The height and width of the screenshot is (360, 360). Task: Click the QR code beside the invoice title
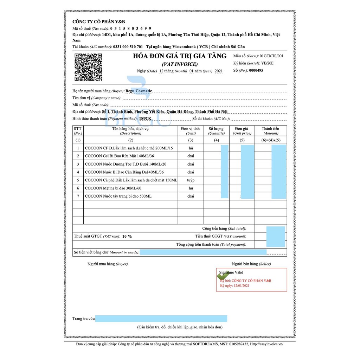[88, 67]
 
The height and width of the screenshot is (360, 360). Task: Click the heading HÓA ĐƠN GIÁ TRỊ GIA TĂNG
[180, 56]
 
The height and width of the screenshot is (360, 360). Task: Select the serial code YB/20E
[268, 63]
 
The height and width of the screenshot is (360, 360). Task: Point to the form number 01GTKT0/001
[271, 56]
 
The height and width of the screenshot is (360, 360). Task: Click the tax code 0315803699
[131, 28]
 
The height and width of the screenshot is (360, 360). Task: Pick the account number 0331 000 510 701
[128, 47]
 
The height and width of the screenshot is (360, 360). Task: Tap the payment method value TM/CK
[145, 118]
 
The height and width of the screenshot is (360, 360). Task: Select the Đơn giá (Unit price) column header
[242, 131]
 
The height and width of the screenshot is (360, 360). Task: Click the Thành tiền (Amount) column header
[270, 131]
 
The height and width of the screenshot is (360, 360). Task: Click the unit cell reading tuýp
[191, 180]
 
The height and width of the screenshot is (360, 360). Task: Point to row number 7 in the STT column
[78, 196]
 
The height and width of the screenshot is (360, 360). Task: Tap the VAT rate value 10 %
[127, 236]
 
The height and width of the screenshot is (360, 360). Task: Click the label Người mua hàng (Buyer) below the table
[108, 264]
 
